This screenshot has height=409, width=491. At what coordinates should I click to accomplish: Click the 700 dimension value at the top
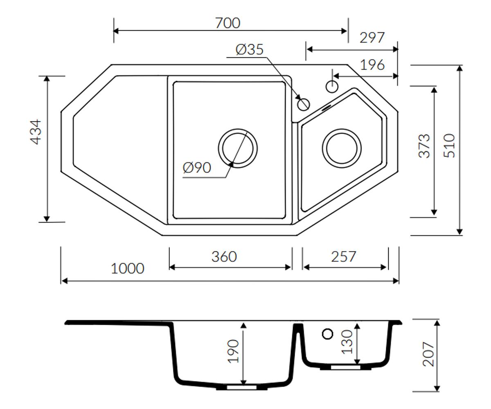[227, 23]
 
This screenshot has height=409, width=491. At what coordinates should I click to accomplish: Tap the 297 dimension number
[372, 38]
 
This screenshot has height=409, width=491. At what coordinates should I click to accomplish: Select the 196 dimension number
[372, 65]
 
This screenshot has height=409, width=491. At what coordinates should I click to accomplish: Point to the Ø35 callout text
[250, 49]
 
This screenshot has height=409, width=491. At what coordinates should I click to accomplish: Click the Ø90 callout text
[197, 168]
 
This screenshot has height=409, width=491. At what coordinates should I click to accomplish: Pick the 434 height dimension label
[36, 132]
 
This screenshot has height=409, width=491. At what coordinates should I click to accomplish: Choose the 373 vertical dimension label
[424, 146]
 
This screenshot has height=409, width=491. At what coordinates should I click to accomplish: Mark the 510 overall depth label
[449, 146]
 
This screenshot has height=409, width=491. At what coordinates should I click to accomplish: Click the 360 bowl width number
[224, 257]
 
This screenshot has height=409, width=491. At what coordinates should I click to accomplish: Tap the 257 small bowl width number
[344, 257]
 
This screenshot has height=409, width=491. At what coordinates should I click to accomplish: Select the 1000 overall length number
[127, 268]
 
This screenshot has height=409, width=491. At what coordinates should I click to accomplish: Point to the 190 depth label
[233, 351]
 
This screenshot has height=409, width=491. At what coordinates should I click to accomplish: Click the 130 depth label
[347, 342]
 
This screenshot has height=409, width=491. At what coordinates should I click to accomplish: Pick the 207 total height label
[428, 354]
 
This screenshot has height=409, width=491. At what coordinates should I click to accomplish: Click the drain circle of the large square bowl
[238, 129]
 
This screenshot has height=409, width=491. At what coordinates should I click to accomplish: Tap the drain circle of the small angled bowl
[342, 129]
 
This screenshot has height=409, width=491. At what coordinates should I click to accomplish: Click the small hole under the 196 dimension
[332, 81]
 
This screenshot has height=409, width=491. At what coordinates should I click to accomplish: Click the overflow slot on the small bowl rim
[327, 108]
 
